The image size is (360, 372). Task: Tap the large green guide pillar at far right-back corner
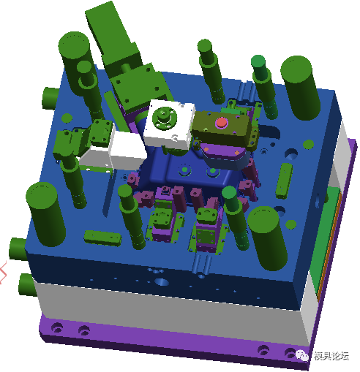click(x=300, y=86)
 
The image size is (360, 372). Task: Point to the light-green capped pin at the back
click(x=258, y=64)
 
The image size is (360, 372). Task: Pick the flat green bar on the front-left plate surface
click(x=102, y=237)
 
